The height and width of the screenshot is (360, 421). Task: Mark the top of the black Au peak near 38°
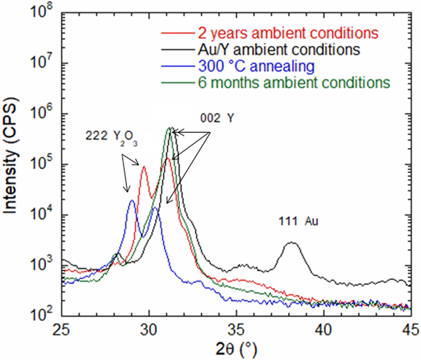point(292,243)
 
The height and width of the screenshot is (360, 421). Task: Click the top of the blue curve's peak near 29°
point(132,201)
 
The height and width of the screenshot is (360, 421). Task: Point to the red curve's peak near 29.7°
point(144,167)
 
